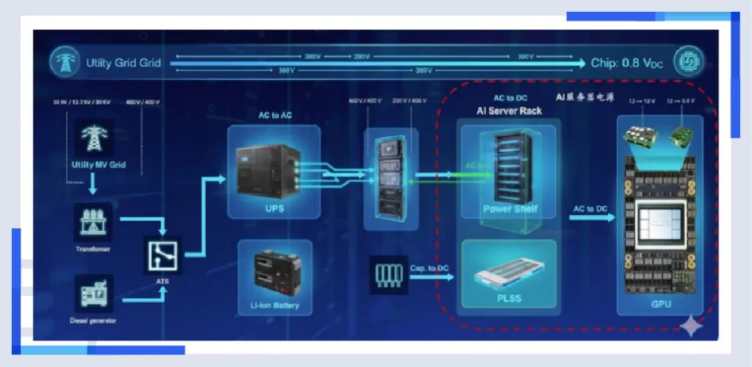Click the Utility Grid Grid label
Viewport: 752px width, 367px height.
coord(123,63)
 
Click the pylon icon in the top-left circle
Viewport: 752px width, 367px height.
coord(64,63)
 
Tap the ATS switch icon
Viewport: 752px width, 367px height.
coord(162,256)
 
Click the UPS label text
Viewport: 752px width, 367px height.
coord(274,208)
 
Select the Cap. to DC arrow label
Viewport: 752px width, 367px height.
coord(428,268)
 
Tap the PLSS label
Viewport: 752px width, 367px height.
coord(509,299)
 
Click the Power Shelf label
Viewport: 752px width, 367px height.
coord(510,209)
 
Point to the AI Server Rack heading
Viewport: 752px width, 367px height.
coord(509,111)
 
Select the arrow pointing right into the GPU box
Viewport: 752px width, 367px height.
coord(592,217)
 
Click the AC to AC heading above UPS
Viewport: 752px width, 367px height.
coord(276,115)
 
